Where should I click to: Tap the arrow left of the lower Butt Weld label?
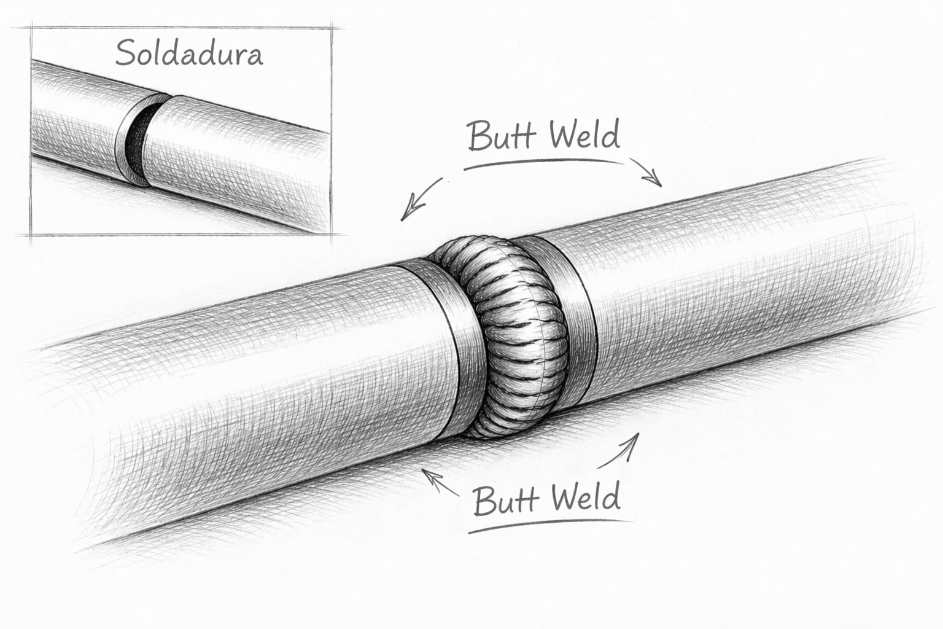pos(440,482)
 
